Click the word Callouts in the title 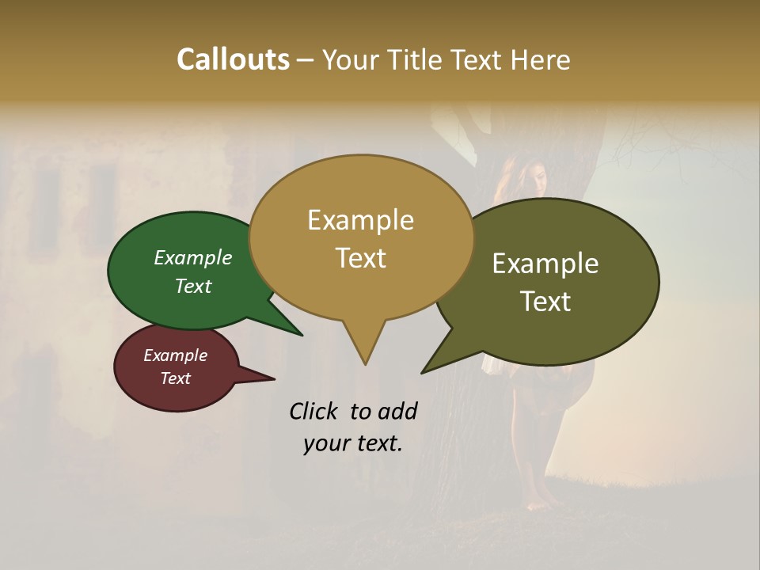click(234, 59)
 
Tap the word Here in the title click(541, 59)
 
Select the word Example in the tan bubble click(360, 220)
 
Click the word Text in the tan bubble click(360, 258)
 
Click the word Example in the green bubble click(193, 257)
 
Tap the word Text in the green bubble click(193, 286)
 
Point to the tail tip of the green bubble click(302, 335)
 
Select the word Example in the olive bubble click(545, 264)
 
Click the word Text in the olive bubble click(545, 302)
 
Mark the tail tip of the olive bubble click(423, 372)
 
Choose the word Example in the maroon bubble click(175, 355)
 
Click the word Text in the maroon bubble click(175, 378)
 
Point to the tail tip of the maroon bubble click(274, 378)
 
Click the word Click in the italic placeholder click(315, 411)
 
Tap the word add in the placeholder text click(397, 411)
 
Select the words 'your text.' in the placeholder click(352, 443)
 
